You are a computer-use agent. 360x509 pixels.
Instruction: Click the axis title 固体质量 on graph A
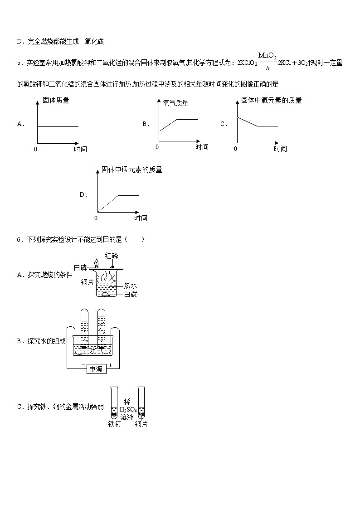(x=56, y=100)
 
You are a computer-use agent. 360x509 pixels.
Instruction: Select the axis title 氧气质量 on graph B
(x=175, y=103)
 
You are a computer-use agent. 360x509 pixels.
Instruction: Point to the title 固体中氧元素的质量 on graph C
(x=271, y=100)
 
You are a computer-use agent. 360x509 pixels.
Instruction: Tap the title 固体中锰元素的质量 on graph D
(x=131, y=170)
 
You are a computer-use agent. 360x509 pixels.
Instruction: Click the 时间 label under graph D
(x=141, y=218)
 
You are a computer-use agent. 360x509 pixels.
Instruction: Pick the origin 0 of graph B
(x=157, y=147)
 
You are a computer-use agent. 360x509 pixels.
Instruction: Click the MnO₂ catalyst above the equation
(x=268, y=55)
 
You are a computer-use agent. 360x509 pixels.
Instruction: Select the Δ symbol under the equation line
(x=268, y=69)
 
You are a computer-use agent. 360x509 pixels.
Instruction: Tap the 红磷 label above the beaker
(x=112, y=257)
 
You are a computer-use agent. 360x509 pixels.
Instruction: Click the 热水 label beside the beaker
(x=131, y=286)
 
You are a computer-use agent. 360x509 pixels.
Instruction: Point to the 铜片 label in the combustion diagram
(x=87, y=282)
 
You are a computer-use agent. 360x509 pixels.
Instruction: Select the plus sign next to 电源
(x=110, y=364)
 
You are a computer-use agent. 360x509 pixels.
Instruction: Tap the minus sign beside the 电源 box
(x=83, y=364)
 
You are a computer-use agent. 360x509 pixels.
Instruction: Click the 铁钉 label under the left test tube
(x=114, y=424)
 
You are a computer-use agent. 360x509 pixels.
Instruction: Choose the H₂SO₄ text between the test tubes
(x=128, y=410)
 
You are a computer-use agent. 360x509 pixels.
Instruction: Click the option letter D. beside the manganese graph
(x=83, y=195)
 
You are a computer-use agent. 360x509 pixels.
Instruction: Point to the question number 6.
(x=19, y=239)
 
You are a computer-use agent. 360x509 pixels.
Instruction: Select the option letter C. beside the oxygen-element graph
(x=224, y=124)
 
